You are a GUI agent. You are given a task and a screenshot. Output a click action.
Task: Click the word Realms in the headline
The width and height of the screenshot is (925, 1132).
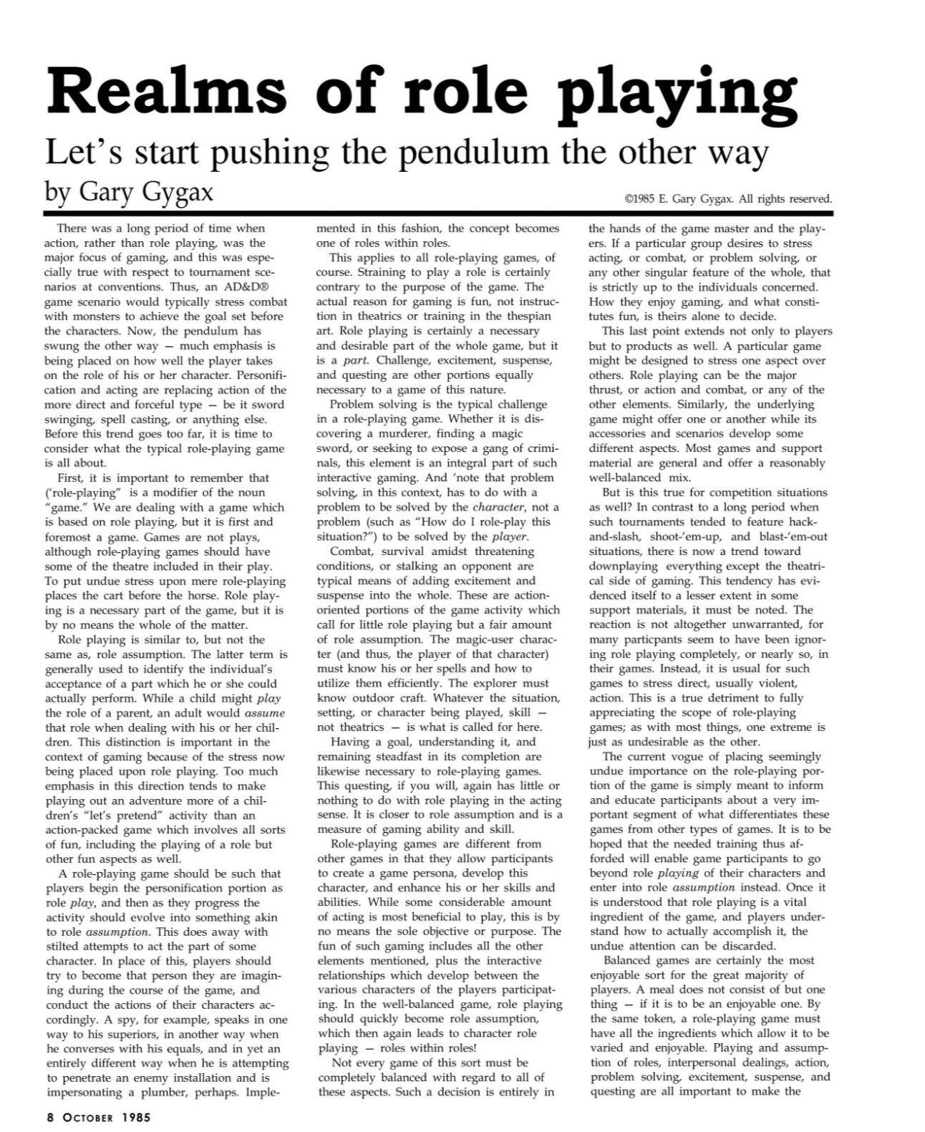point(166,92)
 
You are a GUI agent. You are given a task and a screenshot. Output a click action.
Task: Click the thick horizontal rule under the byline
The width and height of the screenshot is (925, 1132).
point(438,213)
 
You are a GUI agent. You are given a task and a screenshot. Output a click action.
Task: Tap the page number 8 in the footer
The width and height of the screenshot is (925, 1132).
point(50,1116)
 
